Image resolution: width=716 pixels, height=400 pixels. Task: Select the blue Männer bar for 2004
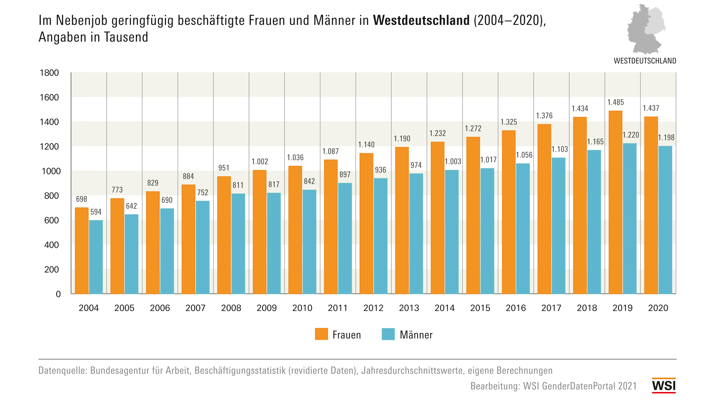click(96, 257)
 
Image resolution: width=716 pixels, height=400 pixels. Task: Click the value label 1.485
click(616, 102)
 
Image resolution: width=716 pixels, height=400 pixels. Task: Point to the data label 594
click(96, 212)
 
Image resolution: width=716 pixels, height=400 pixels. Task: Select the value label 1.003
click(453, 162)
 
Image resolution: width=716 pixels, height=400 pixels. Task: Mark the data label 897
click(345, 175)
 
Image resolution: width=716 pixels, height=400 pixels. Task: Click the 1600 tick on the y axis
click(49, 97)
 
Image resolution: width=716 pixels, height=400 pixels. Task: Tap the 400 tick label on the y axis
click(51, 245)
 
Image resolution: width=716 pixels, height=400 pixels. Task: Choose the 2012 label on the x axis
click(373, 308)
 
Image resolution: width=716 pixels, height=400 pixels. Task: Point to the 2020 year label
click(658, 308)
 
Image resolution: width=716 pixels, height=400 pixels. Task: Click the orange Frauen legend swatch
click(321, 334)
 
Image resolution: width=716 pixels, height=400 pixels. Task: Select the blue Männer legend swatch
click(388, 334)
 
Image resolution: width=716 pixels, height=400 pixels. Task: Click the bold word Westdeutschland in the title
click(421, 21)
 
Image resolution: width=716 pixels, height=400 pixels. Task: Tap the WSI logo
click(664, 386)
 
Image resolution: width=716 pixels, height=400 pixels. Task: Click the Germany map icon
click(646, 29)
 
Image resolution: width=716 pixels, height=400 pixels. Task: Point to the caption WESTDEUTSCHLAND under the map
click(645, 61)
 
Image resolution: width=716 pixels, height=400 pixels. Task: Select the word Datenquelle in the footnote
click(63, 370)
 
